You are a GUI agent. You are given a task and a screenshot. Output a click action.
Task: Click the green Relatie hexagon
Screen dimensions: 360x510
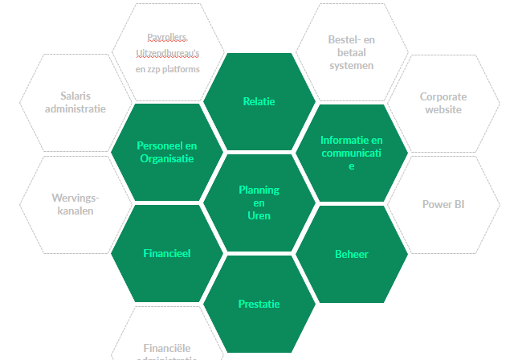(259, 101)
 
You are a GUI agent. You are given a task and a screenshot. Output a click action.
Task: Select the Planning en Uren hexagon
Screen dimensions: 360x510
(259, 202)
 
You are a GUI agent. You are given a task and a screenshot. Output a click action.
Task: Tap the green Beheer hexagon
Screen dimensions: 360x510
(351, 254)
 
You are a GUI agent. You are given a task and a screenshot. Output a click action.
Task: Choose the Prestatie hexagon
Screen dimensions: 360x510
(259, 304)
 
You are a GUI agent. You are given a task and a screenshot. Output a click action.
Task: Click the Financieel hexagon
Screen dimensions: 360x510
(167, 253)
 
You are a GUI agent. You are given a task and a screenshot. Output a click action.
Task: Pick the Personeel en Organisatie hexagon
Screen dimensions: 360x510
(167, 152)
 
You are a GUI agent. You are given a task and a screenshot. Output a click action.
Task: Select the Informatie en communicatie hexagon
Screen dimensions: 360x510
(351, 153)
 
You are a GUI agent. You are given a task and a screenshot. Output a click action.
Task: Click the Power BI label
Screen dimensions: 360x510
(443, 204)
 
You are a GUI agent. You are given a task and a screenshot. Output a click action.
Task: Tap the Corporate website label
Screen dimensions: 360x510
(443, 103)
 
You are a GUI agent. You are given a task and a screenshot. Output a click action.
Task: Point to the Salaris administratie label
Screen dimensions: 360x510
(75, 102)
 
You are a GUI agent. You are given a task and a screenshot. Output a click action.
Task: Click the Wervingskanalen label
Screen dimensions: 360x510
(75, 204)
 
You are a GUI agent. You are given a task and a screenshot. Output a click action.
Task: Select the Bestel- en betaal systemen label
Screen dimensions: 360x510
(351, 51)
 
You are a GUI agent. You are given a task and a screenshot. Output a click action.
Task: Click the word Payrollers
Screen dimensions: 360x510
(167, 37)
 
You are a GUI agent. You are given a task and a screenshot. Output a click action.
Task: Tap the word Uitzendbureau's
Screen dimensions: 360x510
(167, 53)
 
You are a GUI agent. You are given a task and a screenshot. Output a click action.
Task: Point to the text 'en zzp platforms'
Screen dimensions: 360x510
(167, 69)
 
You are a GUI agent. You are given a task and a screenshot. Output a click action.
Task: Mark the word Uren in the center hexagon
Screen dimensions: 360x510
(259, 215)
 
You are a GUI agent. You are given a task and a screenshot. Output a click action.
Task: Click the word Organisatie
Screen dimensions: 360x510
(167, 158)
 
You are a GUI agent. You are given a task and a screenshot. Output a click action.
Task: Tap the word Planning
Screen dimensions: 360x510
(259, 190)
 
